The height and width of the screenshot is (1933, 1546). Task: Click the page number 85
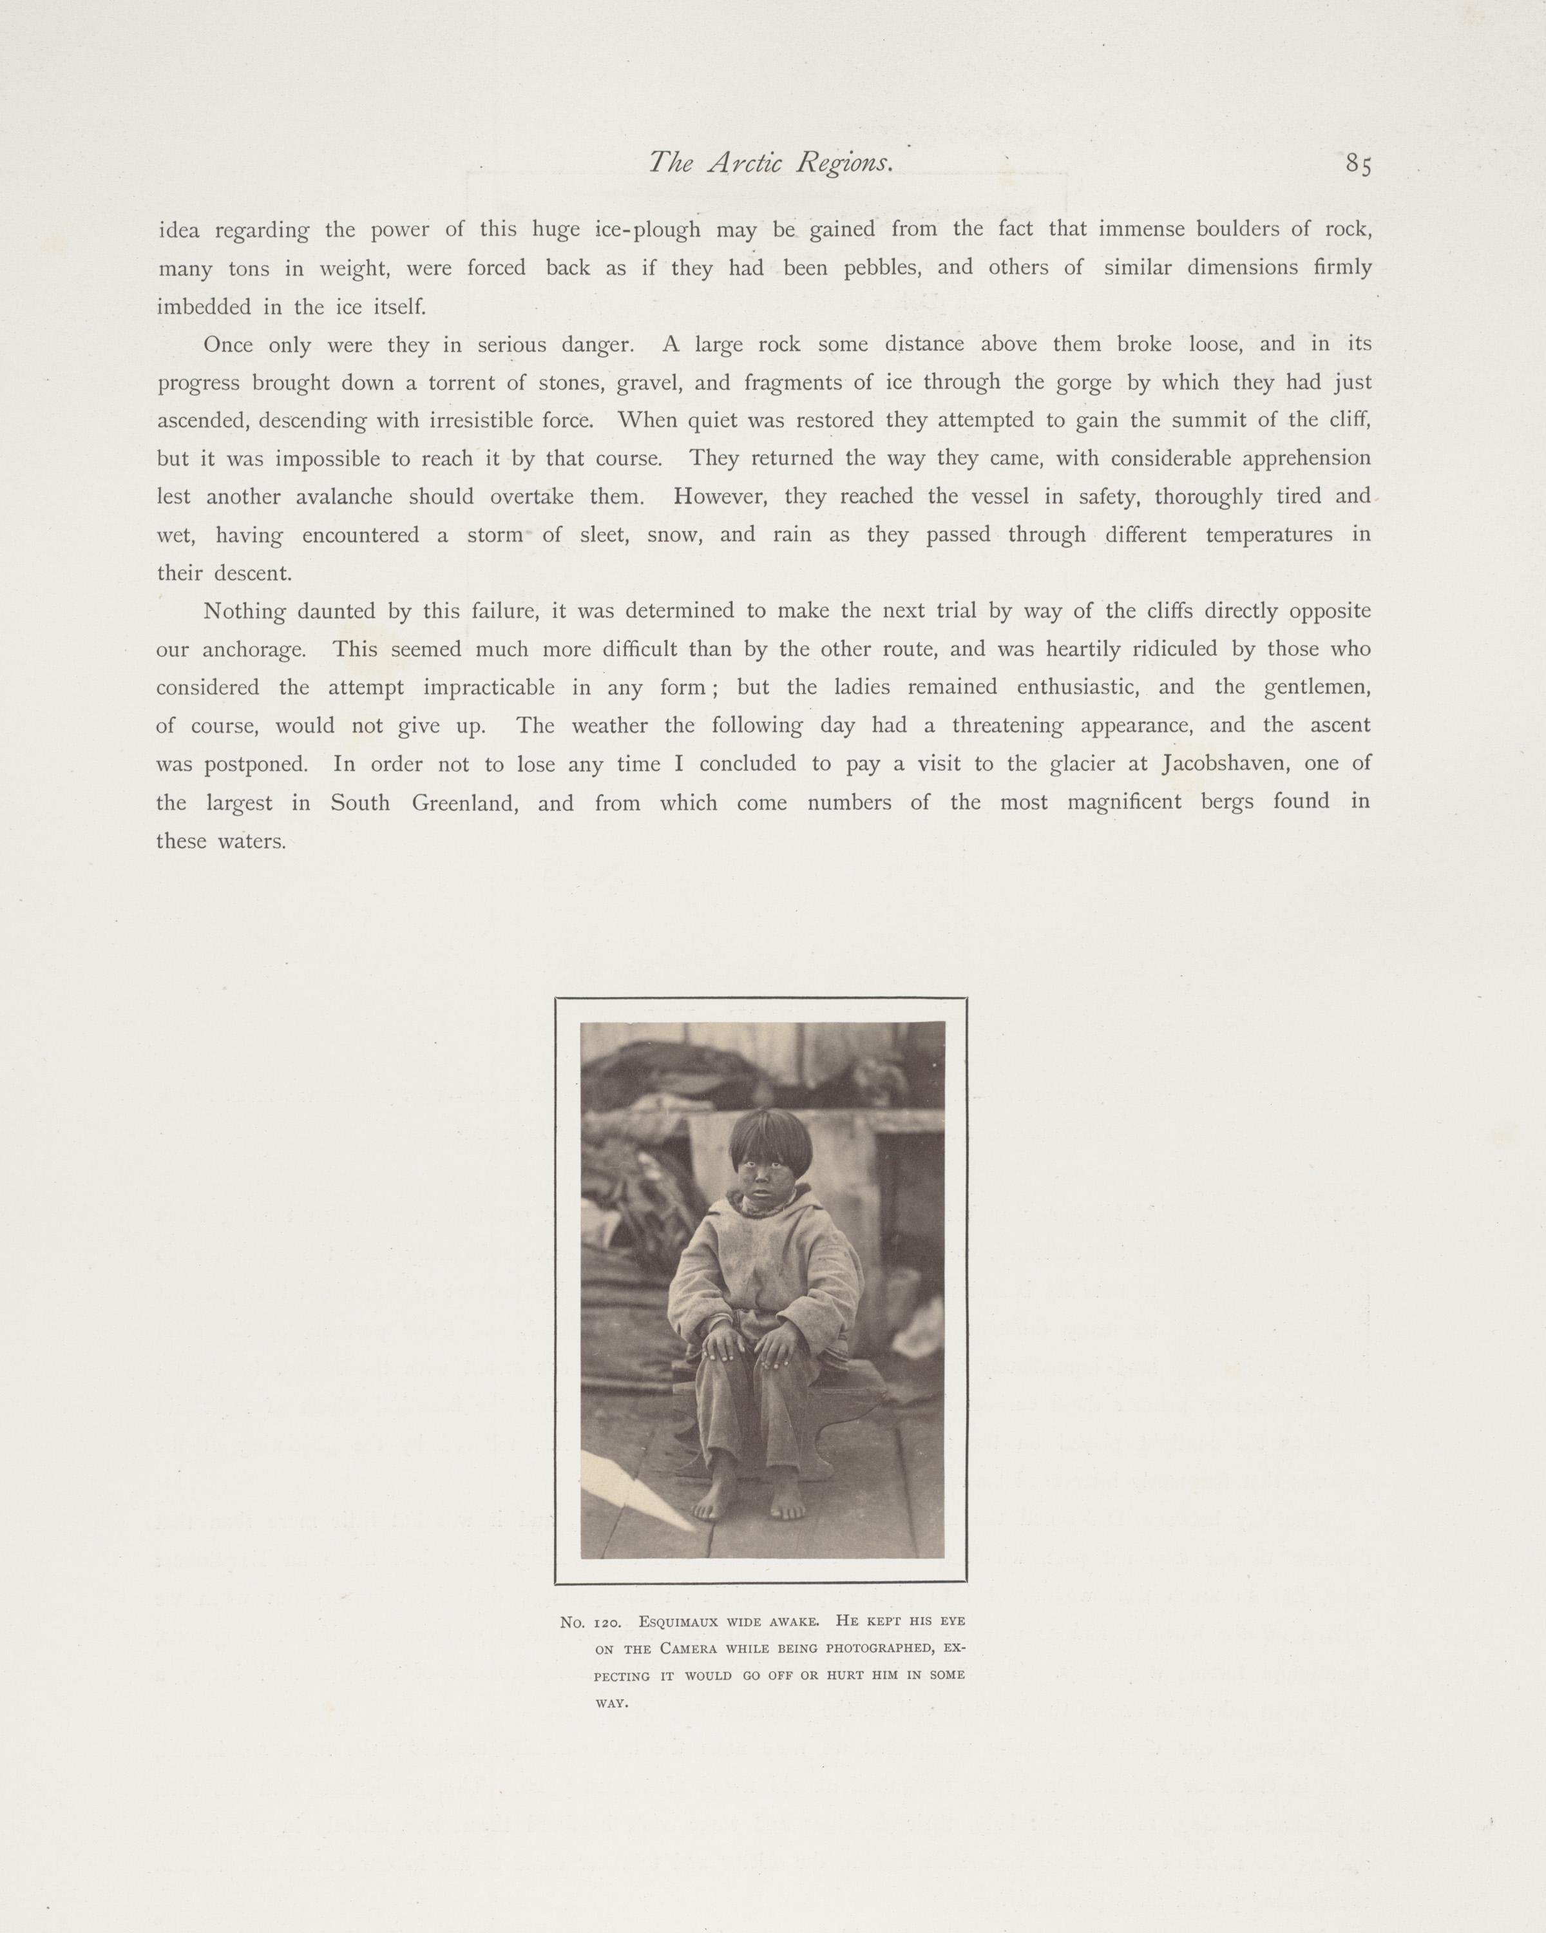click(1358, 164)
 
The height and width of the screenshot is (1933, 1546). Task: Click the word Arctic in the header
click(746, 162)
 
